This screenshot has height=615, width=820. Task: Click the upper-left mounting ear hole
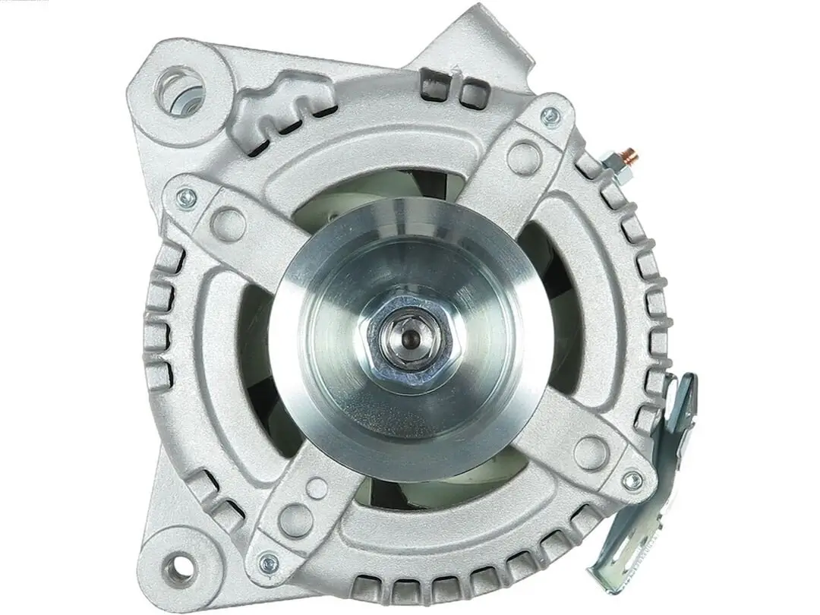181,92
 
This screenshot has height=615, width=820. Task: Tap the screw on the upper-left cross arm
186,199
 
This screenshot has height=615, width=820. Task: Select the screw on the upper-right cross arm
550,116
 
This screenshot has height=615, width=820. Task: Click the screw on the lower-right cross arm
630,480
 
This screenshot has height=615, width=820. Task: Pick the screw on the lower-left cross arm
269,563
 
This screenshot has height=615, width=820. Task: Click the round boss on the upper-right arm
523,156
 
